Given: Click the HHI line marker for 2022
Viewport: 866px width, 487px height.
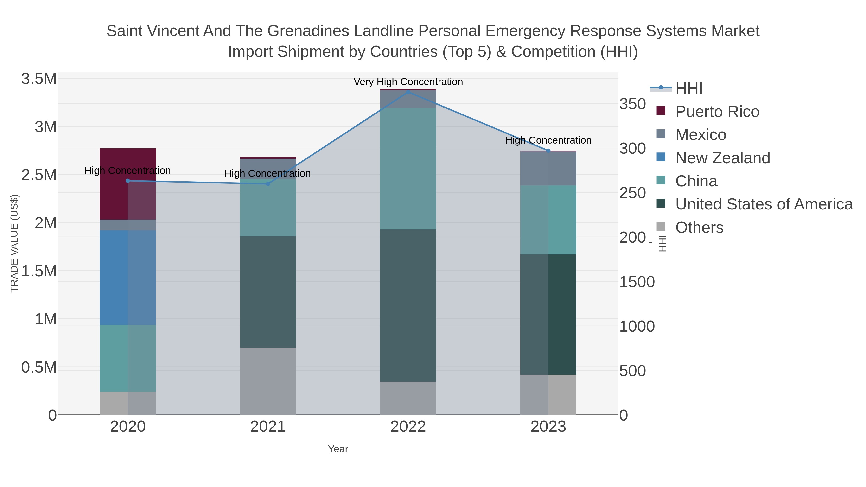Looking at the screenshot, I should tap(408, 92).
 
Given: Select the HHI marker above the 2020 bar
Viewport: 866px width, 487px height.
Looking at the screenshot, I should tap(128, 181).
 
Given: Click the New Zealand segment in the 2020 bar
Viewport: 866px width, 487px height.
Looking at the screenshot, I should tap(128, 277).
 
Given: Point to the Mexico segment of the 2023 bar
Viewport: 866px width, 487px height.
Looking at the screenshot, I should tap(548, 168).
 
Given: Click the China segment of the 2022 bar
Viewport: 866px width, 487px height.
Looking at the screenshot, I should tap(408, 168).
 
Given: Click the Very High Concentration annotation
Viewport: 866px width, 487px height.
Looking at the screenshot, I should tap(408, 82).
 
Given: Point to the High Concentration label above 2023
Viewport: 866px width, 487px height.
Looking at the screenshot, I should tap(548, 140).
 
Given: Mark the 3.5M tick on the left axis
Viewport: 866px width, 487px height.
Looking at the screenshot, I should tap(39, 79).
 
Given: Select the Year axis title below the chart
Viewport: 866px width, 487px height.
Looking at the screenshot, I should tap(338, 449).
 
